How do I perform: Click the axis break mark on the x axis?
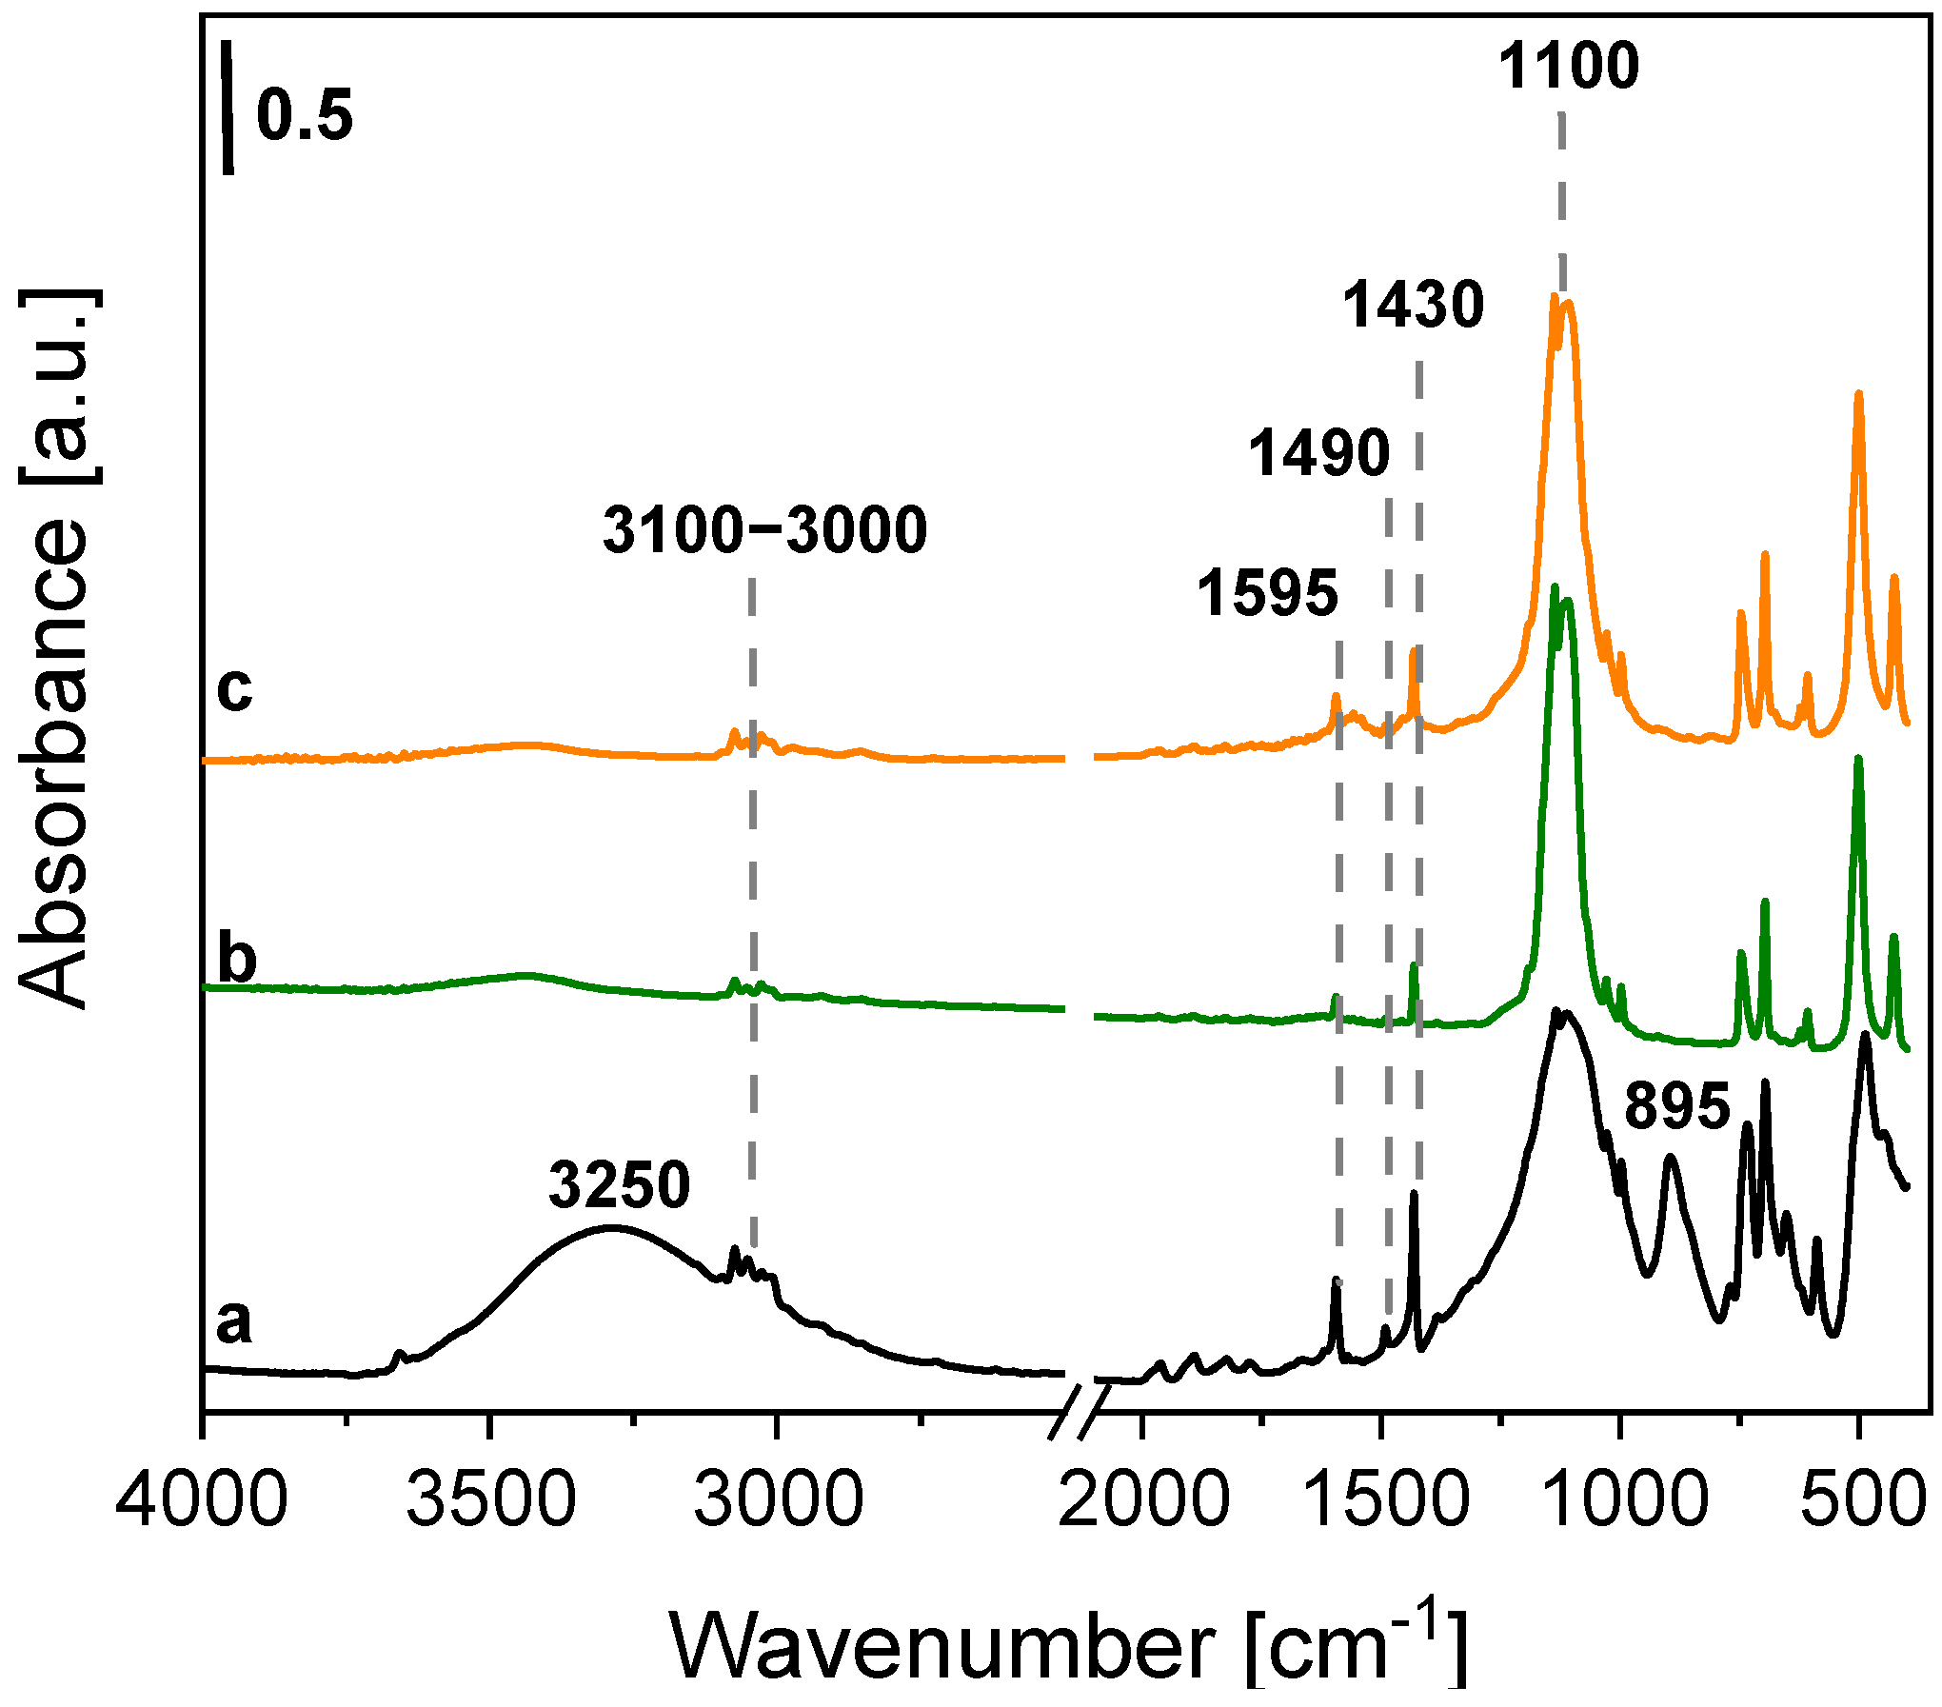tap(1080, 1410)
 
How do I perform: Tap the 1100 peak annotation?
tap(1569, 67)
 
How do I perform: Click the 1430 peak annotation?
tap(1413, 306)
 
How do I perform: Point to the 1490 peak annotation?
tap(1318, 453)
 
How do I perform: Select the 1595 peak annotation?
tap(1267, 593)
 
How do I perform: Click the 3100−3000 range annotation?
tap(764, 530)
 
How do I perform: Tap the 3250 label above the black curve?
tap(619, 1186)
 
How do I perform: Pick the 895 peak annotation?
tap(1676, 1106)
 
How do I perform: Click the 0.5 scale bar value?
tap(305, 116)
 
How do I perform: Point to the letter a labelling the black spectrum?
tap(234, 1321)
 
